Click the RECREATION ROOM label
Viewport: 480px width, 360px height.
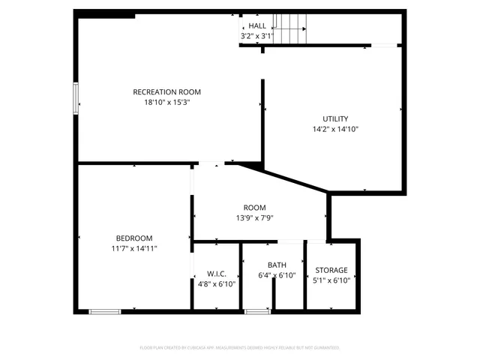(x=166, y=92)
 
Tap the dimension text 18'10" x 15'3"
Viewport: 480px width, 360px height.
(x=166, y=103)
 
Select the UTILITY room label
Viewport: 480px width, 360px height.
(x=335, y=118)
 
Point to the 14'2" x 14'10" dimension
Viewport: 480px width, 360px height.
(x=335, y=129)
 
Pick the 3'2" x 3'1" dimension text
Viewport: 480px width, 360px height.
(x=257, y=36)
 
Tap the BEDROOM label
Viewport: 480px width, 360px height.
(x=134, y=238)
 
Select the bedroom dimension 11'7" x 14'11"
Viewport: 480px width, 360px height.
(x=134, y=248)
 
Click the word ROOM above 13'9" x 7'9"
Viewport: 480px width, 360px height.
(x=254, y=208)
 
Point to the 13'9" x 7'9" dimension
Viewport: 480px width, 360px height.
(x=254, y=218)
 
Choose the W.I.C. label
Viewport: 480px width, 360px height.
(x=217, y=274)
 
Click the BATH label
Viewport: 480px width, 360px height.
(x=277, y=265)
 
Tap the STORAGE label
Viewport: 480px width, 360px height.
(x=331, y=270)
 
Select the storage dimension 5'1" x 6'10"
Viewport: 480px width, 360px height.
(x=331, y=280)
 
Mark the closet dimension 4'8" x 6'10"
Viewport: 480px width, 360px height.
(x=217, y=284)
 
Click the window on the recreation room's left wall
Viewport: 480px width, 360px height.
(x=75, y=98)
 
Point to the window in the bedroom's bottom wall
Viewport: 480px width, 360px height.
(x=104, y=310)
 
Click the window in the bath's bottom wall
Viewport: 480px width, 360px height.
(x=257, y=310)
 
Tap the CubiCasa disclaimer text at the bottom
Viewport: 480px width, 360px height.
(x=240, y=348)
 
